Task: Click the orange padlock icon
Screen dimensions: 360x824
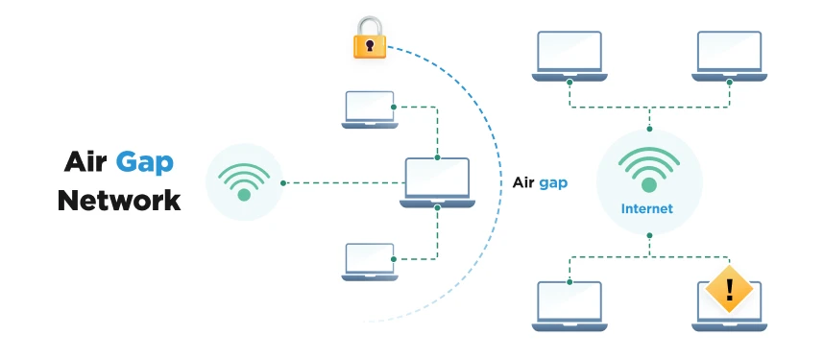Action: (x=370, y=39)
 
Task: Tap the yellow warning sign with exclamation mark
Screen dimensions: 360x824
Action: (x=729, y=287)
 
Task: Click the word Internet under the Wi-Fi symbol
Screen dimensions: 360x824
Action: (x=647, y=208)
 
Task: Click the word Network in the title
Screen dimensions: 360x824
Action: (x=119, y=200)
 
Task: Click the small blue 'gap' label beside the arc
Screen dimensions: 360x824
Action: (x=553, y=182)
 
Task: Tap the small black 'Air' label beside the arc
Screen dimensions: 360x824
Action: (x=523, y=182)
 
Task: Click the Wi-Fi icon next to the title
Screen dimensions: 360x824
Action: (x=244, y=182)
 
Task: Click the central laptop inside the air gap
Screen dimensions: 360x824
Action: (x=437, y=182)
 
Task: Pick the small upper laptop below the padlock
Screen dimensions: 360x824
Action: (x=369, y=109)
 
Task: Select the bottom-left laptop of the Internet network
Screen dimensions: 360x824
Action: (x=569, y=306)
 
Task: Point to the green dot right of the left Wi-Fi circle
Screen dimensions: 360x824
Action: (x=283, y=182)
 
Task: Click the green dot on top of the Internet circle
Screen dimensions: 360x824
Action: (x=649, y=129)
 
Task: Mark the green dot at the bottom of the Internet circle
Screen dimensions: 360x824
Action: (x=649, y=235)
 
